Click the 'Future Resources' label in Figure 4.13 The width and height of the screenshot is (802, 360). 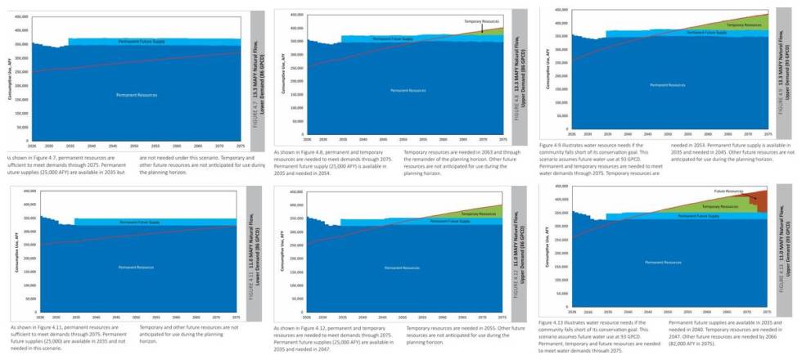tap(735, 191)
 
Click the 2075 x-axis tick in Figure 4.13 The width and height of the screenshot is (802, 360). tap(767, 312)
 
